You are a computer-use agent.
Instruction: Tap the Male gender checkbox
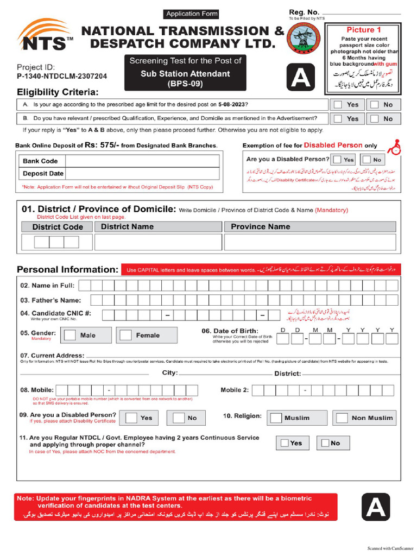pos(69,335)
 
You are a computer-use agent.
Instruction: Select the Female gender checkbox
pos(125,335)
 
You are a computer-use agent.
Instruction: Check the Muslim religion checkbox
pos(276,418)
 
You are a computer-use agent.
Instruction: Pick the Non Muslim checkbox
pos(342,418)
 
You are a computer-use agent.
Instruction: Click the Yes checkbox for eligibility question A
pos(338,104)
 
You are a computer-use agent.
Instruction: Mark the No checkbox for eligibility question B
pos(374,118)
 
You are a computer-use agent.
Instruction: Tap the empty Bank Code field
pos(142,161)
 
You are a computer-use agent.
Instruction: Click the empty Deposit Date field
pos(142,174)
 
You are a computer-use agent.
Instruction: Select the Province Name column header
pos(261,226)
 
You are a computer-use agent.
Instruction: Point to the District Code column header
pos(58,227)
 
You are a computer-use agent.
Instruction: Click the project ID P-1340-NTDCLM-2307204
pos(62,77)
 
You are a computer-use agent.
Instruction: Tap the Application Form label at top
pos(192,14)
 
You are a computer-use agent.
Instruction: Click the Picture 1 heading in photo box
pos(364,30)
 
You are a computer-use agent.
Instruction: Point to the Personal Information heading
pos(67,269)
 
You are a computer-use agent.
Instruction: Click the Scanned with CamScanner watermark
pos(390,548)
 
